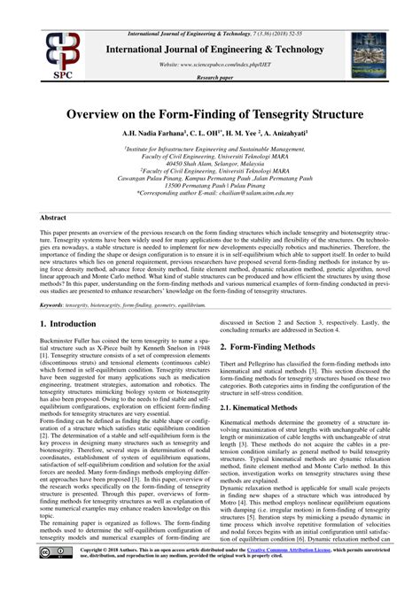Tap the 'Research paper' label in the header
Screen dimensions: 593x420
(x=210, y=77)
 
